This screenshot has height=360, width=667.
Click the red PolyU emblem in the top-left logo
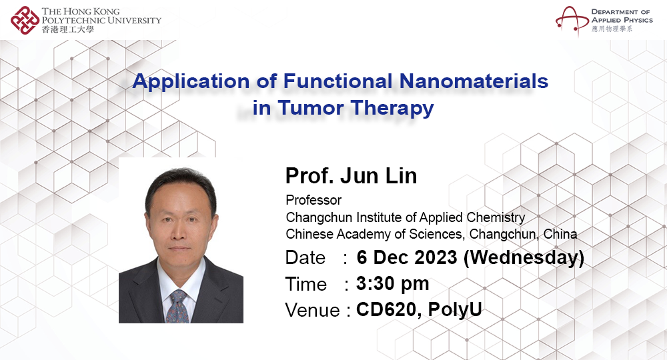coord(25,19)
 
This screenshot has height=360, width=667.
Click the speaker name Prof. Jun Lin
coord(351,176)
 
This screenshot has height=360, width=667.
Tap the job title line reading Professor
coord(313,200)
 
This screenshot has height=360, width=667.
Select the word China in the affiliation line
coord(560,234)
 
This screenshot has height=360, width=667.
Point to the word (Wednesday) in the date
coord(524,257)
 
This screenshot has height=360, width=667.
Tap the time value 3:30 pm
coord(392,283)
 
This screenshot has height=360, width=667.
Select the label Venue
coord(313,310)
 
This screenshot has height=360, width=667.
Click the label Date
coord(305,258)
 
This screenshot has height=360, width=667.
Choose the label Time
coord(305,284)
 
